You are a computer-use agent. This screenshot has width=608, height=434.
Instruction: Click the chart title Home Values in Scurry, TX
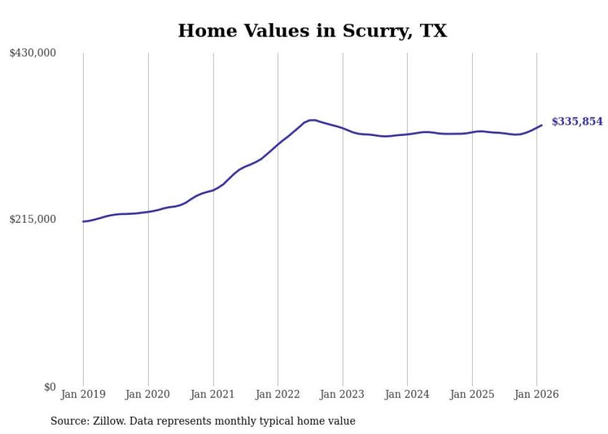click(x=312, y=31)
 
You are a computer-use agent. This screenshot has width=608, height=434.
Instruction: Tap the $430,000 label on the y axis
click(x=33, y=53)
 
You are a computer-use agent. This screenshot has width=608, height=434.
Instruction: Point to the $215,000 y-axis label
click(x=33, y=219)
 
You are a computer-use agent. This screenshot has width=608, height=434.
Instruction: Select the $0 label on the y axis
click(x=50, y=387)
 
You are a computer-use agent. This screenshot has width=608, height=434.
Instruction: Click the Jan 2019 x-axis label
click(x=83, y=394)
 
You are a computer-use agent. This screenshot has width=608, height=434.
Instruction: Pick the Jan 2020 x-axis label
click(x=148, y=394)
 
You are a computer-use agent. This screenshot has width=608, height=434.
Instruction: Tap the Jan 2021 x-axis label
click(x=213, y=394)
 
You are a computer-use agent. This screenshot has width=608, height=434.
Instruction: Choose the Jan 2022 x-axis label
click(x=278, y=394)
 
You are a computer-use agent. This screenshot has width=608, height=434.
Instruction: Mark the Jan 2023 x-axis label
click(x=342, y=394)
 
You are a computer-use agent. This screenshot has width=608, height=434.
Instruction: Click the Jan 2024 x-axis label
click(x=407, y=394)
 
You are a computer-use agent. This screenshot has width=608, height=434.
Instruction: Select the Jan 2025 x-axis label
click(x=472, y=394)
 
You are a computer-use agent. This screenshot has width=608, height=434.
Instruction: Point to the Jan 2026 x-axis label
click(x=537, y=394)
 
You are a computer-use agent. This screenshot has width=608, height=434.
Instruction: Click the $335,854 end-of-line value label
click(x=577, y=122)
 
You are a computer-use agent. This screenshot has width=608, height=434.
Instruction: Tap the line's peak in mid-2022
click(x=312, y=120)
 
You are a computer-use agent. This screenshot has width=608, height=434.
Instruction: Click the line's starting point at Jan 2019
click(x=83, y=221)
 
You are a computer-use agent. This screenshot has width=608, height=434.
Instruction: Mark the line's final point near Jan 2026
click(x=542, y=125)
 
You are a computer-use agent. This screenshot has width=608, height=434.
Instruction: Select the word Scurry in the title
click(x=372, y=31)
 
